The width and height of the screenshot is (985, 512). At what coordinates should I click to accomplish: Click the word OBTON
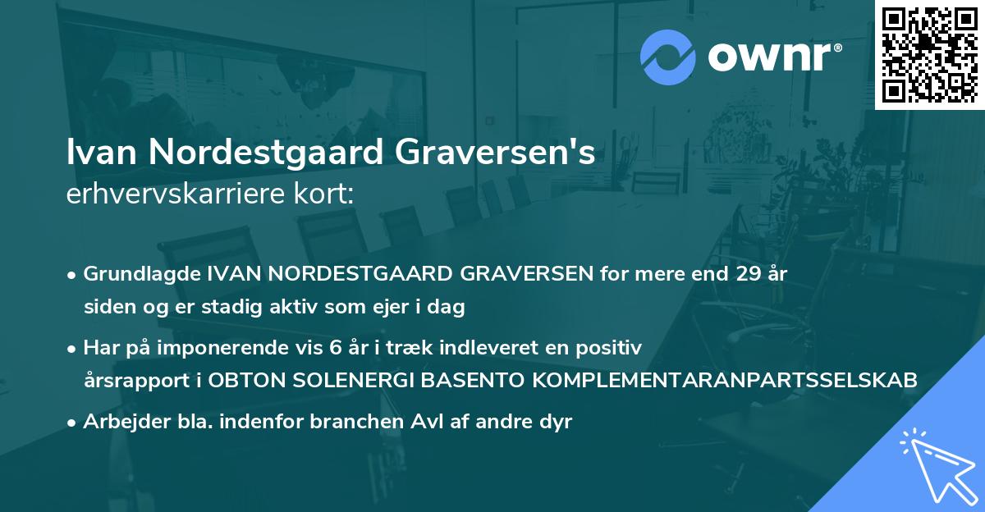click(x=246, y=382)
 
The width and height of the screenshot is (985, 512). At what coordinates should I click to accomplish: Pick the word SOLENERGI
click(x=355, y=382)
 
